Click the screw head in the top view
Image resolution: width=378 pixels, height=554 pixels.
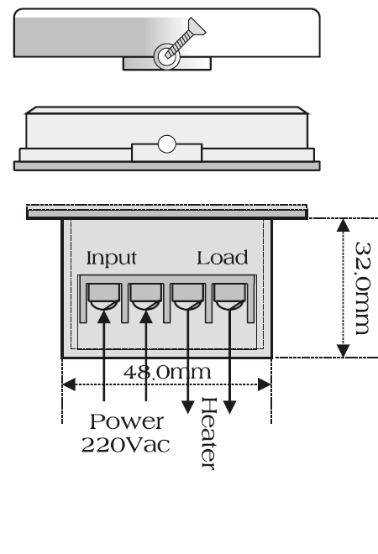[197, 27]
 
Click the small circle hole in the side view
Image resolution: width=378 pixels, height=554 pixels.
[167, 144]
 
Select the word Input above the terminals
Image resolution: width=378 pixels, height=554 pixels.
[112, 259]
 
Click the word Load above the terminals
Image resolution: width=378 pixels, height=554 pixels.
[223, 258]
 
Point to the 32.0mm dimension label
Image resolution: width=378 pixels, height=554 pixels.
[363, 288]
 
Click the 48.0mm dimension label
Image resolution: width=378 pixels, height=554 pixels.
[167, 373]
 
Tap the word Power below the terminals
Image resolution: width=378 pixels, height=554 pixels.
[127, 421]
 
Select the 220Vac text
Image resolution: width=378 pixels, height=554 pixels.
[125, 445]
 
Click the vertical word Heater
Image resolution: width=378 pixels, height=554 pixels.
[208, 433]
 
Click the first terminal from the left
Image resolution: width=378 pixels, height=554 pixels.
[104, 297]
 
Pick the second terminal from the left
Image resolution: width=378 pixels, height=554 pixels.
[145, 297]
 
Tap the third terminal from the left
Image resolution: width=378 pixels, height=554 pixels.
[188, 297]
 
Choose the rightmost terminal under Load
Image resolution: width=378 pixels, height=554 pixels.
[230, 297]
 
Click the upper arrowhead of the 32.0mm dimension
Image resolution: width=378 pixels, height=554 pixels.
[343, 226]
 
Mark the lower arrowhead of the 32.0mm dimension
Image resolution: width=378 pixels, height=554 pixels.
[343, 351]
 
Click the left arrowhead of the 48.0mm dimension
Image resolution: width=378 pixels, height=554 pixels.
[69, 384]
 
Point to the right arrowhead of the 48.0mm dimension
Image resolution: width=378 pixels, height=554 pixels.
[265, 384]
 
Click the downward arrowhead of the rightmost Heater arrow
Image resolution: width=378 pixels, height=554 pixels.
[230, 407]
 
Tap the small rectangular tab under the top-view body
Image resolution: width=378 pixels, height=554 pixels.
[167, 64]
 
